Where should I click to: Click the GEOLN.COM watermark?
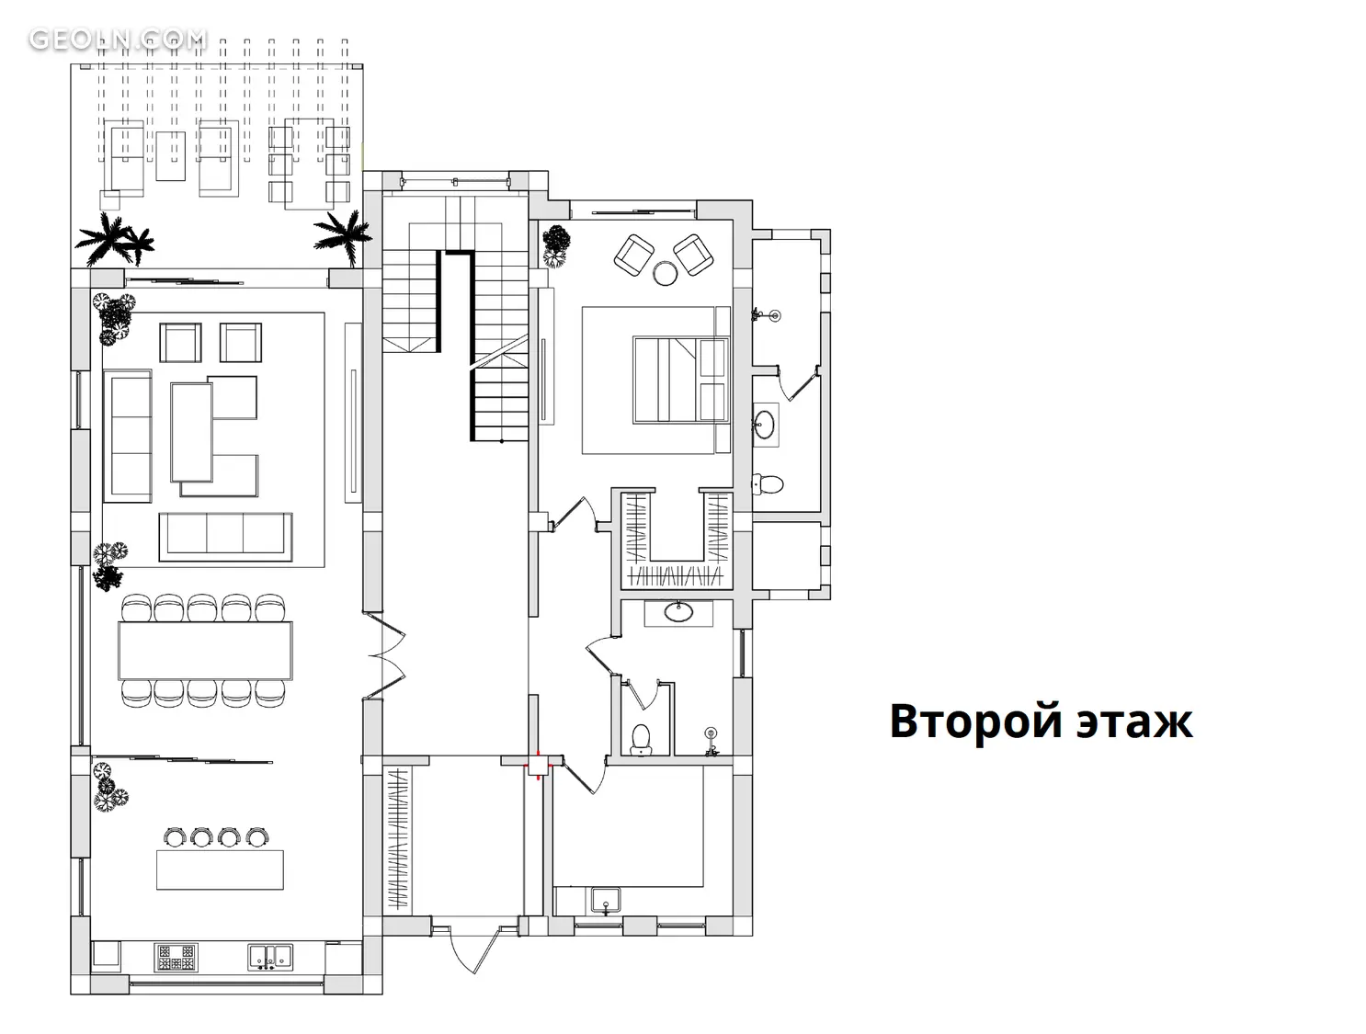[118, 40]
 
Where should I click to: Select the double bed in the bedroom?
[681, 381]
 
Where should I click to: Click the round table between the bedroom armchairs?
[666, 272]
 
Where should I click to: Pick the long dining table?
[205, 650]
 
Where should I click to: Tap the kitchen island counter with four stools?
[220, 869]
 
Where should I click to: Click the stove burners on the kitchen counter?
[176, 958]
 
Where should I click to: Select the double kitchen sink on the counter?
[270, 958]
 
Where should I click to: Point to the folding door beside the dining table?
[385, 654]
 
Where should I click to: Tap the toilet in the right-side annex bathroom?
[768, 483]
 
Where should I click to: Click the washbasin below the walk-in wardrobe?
[678, 612]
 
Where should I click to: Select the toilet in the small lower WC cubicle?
[641, 740]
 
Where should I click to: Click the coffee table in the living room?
[192, 432]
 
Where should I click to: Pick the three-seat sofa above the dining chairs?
[225, 536]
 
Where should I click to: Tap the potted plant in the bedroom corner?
[556, 246]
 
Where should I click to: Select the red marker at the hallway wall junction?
[537, 764]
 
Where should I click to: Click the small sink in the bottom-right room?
[606, 901]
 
